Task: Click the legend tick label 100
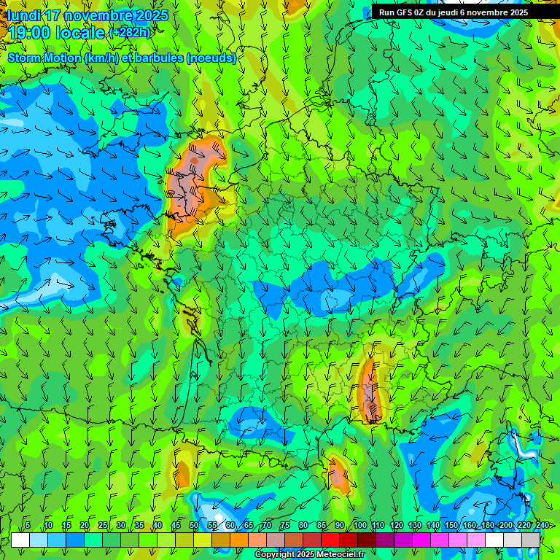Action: tap(360, 525)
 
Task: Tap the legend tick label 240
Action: tap(542, 525)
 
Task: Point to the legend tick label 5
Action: tap(28, 525)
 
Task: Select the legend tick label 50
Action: tap(194, 525)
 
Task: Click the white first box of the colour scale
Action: tap(20, 540)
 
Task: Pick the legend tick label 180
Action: tap(488, 525)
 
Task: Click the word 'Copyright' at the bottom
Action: tap(275, 555)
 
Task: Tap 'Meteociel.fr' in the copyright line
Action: tap(341, 555)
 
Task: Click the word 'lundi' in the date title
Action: tap(25, 15)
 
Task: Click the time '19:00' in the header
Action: tap(31, 33)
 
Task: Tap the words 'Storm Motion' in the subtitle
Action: tap(44, 58)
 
